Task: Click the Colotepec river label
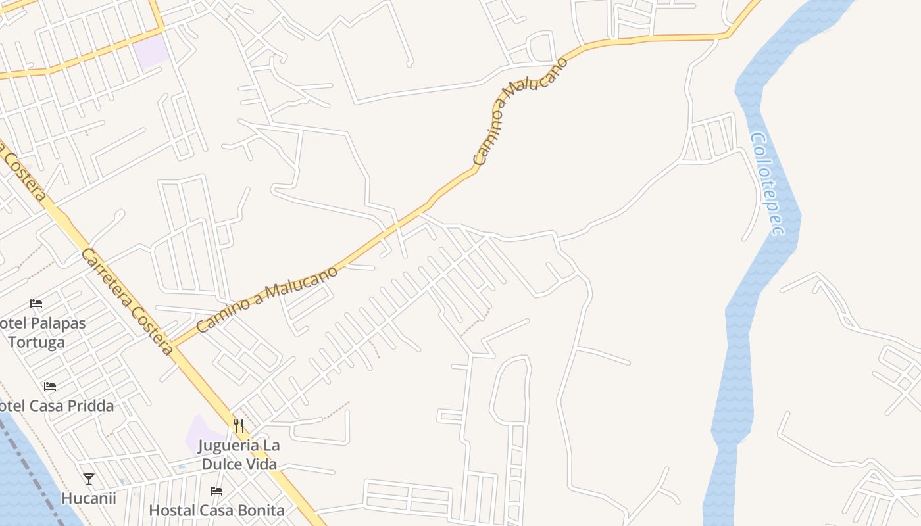pos(767,183)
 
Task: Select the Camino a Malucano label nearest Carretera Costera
pos(267,299)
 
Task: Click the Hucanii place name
pos(89,498)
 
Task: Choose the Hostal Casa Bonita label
pos(216,510)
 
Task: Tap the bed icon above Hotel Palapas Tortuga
pos(36,304)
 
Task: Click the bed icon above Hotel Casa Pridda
pos(49,386)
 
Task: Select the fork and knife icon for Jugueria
pos(239,426)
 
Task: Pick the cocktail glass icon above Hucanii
pos(89,479)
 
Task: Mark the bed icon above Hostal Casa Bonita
pos(216,490)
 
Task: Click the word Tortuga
pos(37,342)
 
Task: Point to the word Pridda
pos(91,406)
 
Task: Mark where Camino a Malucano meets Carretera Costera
pos(172,344)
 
